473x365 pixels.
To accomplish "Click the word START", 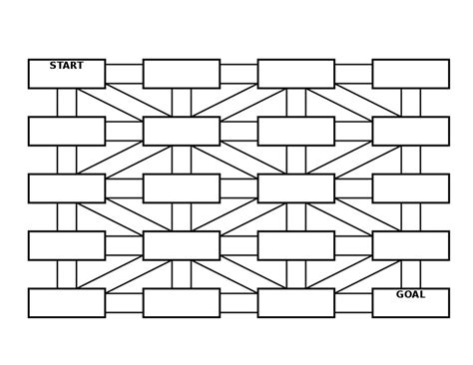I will (x=67, y=66).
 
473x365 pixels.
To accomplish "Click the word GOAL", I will (x=410, y=294).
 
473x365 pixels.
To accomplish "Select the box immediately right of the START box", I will (x=182, y=74).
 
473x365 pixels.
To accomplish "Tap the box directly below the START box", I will (x=67, y=131).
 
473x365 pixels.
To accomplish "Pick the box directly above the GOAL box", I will (x=410, y=245).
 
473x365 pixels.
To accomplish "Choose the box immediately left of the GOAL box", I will (x=296, y=302).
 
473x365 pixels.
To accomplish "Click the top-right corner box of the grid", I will (x=410, y=74).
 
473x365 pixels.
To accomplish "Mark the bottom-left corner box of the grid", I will (x=67, y=302).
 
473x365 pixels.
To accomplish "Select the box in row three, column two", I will (x=182, y=188).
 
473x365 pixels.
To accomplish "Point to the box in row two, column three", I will (x=296, y=131).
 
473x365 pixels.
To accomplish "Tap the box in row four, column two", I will (x=182, y=245).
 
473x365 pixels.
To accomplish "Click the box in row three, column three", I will (x=296, y=188).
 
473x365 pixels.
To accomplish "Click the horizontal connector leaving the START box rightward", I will (x=124, y=74).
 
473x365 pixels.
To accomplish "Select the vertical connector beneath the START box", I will (x=67, y=103).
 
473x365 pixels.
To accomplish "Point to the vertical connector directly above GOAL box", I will (x=410, y=274).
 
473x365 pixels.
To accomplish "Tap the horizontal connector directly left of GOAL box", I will (x=353, y=302).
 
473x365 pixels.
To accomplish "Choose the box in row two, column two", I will (x=182, y=131).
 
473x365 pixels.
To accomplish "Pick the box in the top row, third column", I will (x=296, y=74).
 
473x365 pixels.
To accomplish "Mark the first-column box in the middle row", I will (x=67, y=188).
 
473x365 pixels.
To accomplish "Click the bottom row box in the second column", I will (x=182, y=302).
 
